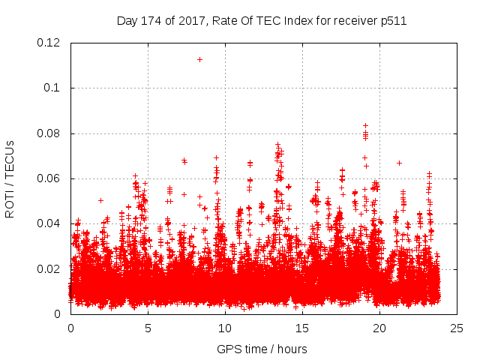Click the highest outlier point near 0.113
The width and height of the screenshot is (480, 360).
coord(199,59)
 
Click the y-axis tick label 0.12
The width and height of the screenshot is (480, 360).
coord(49,43)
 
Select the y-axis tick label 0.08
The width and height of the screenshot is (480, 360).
coord(49,133)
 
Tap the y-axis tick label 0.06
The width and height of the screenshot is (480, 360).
coord(49,178)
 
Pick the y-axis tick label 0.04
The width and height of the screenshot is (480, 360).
coord(49,223)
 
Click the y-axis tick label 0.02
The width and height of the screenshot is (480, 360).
coord(49,269)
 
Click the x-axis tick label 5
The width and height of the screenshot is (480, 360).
coord(148,328)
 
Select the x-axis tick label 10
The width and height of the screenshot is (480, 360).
coord(225,328)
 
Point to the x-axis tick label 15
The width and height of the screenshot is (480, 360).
coord(302,328)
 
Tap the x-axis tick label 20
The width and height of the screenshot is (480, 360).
coord(379,328)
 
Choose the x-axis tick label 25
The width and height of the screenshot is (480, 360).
coord(457,328)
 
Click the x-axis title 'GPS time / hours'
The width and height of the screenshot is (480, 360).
coord(262,349)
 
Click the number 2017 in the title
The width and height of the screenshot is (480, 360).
coord(192,20)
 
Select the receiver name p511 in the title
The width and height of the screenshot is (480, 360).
coord(394,20)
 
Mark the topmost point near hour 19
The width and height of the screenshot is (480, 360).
coord(365,125)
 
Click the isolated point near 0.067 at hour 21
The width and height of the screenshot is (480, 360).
coord(399,163)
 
